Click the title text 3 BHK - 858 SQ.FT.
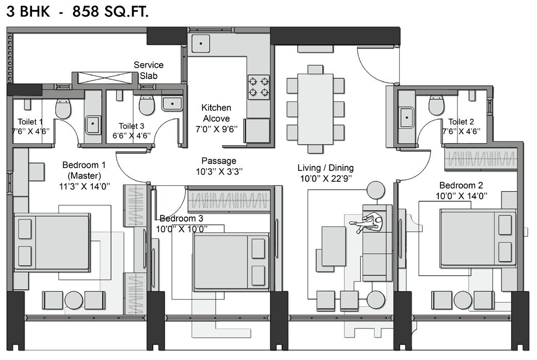pyautogui.click(x=77, y=12)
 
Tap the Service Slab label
pyautogui.click(x=149, y=70)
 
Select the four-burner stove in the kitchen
pyautogui.click(x=259, y=87)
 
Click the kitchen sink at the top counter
pyautogui.click(x=200, y=43)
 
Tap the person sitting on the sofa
pyautogui.click(x=370, y=224)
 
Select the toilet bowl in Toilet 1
pyautogui.click(x=63, y=107)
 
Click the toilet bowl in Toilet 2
pyautogui.click(x=437, y=106)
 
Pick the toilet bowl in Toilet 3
pyautogui.click(x=147, y=105)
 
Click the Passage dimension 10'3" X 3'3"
pyautogui.click(x=219, y=170)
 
